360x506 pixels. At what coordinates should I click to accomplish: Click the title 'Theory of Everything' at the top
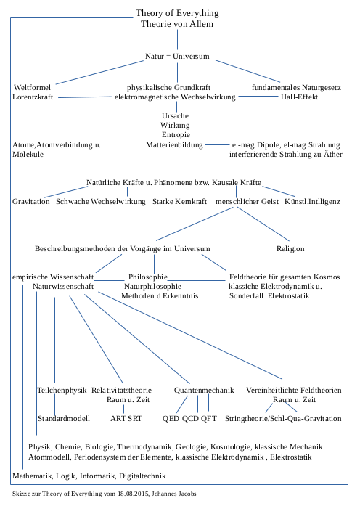point(177,13)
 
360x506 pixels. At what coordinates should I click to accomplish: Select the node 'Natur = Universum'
point(177,56)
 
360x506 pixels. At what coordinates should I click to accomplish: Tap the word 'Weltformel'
point(32,87)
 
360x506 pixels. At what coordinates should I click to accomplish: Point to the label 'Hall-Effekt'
point(300,97)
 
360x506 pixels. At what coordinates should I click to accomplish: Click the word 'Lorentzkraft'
point(33,97)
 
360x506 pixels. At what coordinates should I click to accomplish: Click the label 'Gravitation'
point(31,200)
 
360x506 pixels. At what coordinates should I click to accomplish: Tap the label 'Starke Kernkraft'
point(180,200)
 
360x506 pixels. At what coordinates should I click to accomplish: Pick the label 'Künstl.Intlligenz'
point(312,200)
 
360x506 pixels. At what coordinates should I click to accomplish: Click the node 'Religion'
point(290,248)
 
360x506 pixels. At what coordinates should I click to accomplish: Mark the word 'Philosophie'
point(148,277)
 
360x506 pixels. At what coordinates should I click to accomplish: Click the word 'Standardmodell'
point(63,419)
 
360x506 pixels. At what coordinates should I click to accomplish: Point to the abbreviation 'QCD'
point(190,419)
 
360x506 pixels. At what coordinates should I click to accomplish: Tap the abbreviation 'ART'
point(118,419)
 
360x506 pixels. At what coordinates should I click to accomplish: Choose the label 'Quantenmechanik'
point(204,391)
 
